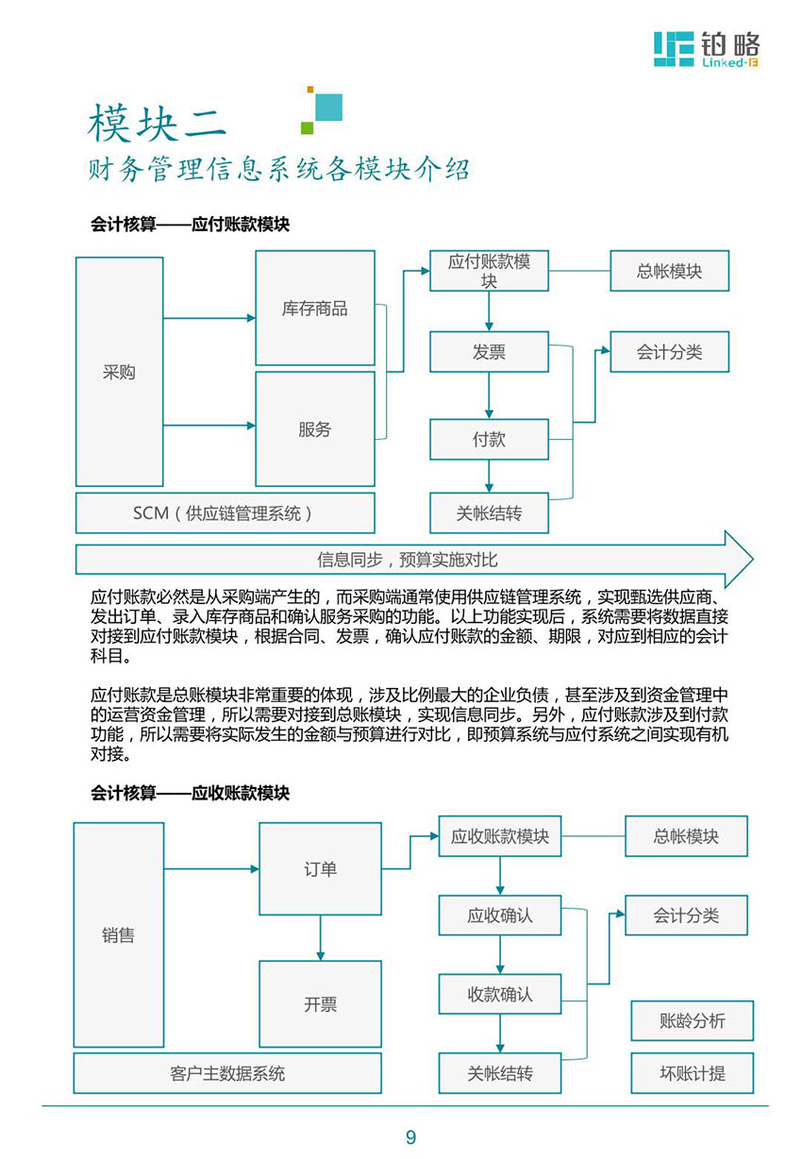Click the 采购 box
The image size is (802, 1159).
120,372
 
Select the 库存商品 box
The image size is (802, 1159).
315,308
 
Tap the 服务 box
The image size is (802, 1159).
315,428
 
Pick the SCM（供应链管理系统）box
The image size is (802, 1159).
226,512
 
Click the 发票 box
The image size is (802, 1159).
489,352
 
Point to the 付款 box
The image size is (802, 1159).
489,439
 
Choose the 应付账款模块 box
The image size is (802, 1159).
489,271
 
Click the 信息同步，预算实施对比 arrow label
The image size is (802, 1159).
408,560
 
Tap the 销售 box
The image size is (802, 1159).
119,935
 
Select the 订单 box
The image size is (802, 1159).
320,868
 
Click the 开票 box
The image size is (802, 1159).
320,1004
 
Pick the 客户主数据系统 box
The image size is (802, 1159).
227,1073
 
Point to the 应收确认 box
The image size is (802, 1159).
500,915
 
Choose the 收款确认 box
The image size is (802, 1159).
500,994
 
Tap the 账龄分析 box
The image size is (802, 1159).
693,1020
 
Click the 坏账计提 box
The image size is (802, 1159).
693,1073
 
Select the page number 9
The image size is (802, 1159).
410,1136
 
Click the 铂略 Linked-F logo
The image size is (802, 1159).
707,49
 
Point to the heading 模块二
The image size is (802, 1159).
157,123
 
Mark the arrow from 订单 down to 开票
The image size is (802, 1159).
320,938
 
